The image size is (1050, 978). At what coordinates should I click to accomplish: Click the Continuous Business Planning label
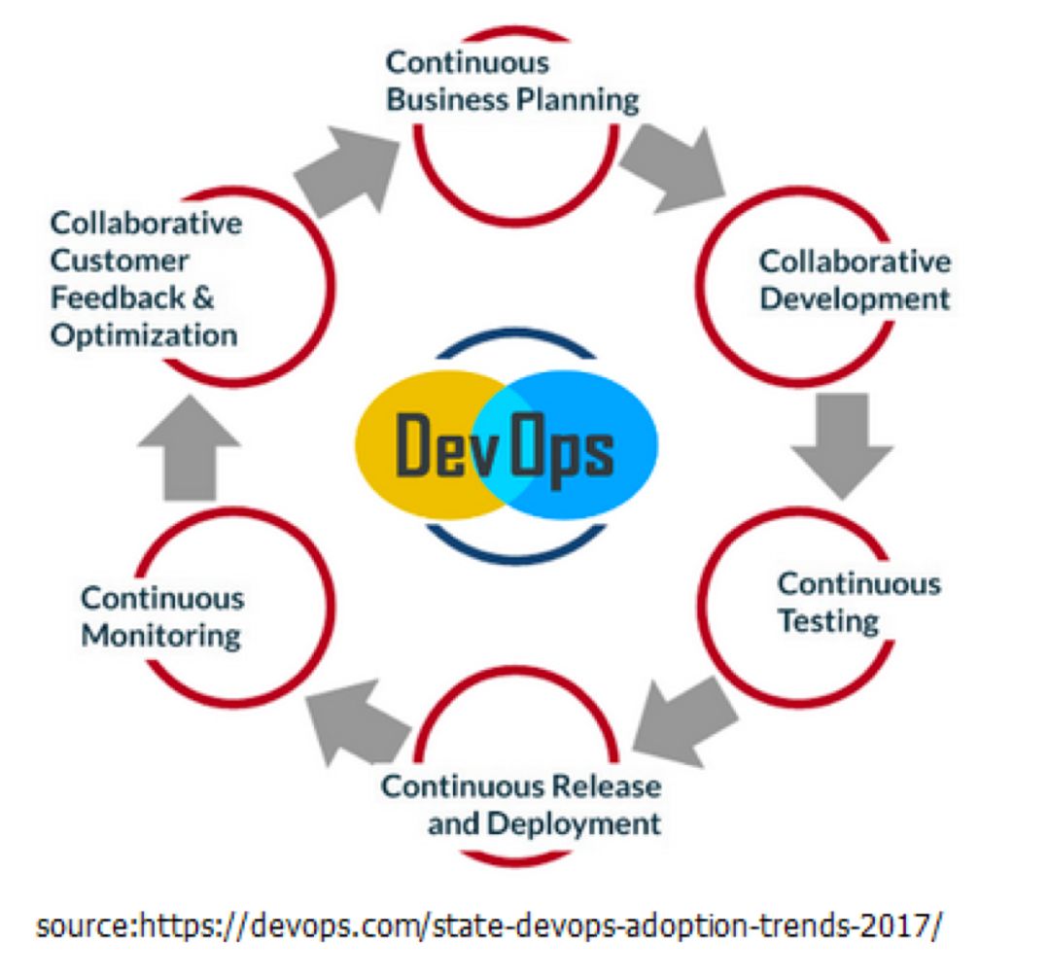click(512, 82)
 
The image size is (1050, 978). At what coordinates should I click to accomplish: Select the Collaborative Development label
click(855, 279)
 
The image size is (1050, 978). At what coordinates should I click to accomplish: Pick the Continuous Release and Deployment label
click(520, 804)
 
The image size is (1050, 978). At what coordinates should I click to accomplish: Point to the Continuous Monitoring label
click(161, 616)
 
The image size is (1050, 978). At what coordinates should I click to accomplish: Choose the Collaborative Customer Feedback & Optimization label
click(145, 279)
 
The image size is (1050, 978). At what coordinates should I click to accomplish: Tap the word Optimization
click(144, 334)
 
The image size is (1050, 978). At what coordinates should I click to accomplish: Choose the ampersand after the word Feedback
click(201, 297)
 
